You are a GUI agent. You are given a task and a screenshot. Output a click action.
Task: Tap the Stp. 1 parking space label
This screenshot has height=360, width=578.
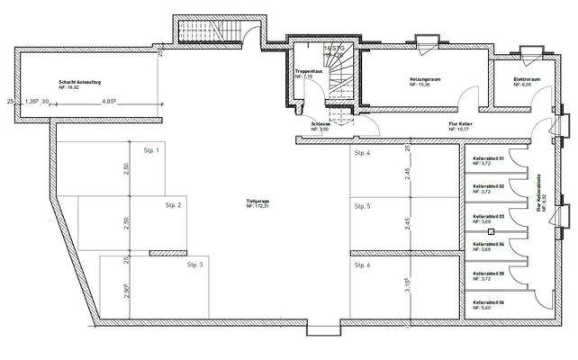coord(150,150)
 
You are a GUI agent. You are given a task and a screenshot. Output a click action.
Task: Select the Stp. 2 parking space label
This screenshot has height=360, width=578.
coord(173,206)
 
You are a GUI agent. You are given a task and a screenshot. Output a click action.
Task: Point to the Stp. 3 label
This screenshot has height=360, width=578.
coord(195,265)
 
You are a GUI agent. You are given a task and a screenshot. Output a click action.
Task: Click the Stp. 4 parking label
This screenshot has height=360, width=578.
coord(363,154)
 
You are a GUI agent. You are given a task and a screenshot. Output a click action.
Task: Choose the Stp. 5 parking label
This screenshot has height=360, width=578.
coord(363,207)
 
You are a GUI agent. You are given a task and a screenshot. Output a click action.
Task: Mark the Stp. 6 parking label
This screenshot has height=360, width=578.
coord(363,265)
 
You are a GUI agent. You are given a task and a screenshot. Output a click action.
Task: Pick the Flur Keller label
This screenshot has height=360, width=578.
coord(461,126)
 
